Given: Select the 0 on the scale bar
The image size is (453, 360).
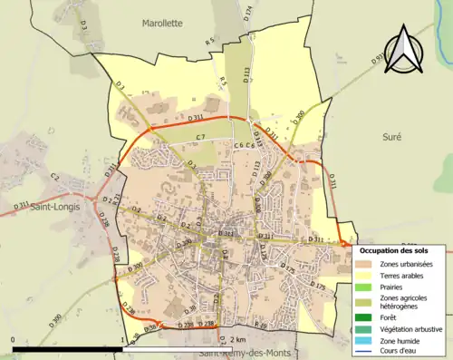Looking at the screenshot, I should tap(13, 339).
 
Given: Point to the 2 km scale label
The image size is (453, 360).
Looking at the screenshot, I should tap(238, 339).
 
